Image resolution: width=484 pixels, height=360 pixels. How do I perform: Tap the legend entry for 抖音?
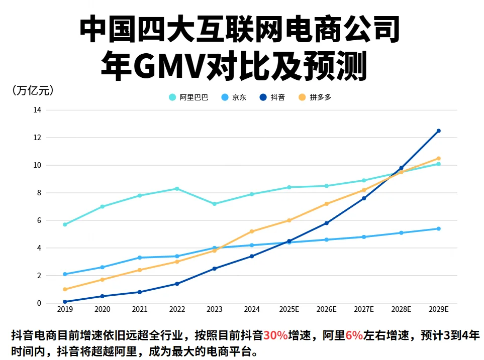click(x=273, y=97)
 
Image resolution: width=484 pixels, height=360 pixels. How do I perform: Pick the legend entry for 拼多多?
click(x=316, y=97)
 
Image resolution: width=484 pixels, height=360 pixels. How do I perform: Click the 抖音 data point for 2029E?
click(x=439, y=131)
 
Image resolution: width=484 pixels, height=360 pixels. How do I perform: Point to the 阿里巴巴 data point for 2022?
click(x=177, y=189)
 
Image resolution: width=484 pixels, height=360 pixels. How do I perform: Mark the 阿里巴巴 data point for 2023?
click(x=215, y=204)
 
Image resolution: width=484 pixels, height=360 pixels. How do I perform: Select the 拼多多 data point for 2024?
click(x=252, y=231)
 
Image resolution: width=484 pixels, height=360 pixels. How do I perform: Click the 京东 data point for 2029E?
click(x=439, y=228)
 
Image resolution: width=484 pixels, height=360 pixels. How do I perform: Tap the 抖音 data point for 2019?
click(x=65, y=302)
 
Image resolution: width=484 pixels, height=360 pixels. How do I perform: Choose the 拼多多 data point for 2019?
click(x=65, y=289)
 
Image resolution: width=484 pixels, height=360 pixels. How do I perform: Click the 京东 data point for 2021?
click(x=140, y=258)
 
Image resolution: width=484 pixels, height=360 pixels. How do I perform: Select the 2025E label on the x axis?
click(x=289, y=310)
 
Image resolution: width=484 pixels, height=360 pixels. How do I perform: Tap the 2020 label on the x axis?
click(x=102, y=310)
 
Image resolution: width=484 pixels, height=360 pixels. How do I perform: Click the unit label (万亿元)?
click(x=32, y=90)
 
